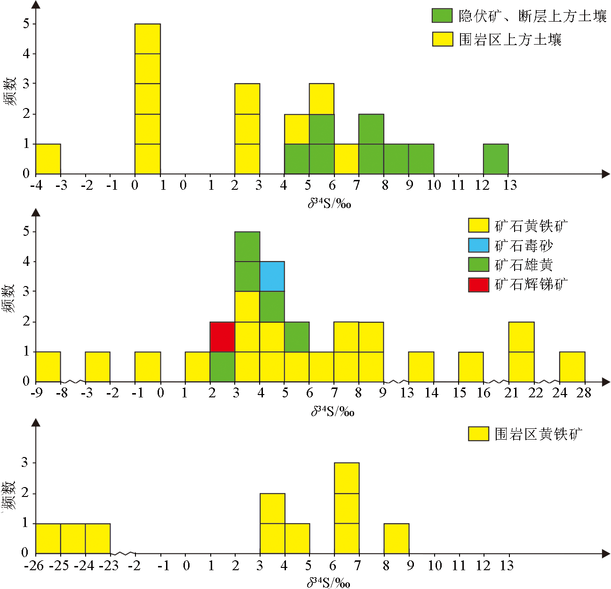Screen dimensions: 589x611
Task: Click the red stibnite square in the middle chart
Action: click(x=222, y=337)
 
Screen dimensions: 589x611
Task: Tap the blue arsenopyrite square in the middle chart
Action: click(x=272, y=276)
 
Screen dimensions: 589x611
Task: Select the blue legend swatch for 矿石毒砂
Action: click(x=478, y=245)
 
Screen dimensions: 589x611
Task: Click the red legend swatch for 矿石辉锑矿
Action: click(x=478, y=285)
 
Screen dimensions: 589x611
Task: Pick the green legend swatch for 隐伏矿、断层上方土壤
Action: click(x=442, y=15)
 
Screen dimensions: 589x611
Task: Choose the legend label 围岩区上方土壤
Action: click(x=510, y=39)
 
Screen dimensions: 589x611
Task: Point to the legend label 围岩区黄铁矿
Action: click(x=538, y=434)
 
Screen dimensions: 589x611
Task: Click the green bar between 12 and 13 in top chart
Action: click(x=496, y=159)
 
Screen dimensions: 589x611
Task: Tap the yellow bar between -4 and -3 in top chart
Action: click(x=48, y=159)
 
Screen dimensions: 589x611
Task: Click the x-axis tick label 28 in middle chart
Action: click(x=583, y=393)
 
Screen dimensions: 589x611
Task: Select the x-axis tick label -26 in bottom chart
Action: click(x=34, y=566)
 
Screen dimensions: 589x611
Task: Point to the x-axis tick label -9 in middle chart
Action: click(x=36, y=393)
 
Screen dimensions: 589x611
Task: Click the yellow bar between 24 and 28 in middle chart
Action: click(x=572, y=366)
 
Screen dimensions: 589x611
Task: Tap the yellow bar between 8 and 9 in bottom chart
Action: click(x=396, y=538)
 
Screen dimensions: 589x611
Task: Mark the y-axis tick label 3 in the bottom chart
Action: click(x=25, y=463)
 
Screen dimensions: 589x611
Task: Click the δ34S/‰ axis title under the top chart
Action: click(x=330, y=203)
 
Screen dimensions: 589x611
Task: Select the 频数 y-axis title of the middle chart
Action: click(x=9, y=298)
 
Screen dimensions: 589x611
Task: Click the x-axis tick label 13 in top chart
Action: click(x=510, y=186)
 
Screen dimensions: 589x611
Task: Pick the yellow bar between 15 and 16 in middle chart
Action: click(x=471, y=366)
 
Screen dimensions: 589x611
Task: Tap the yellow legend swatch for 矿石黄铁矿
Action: click(x=478, y=225)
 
